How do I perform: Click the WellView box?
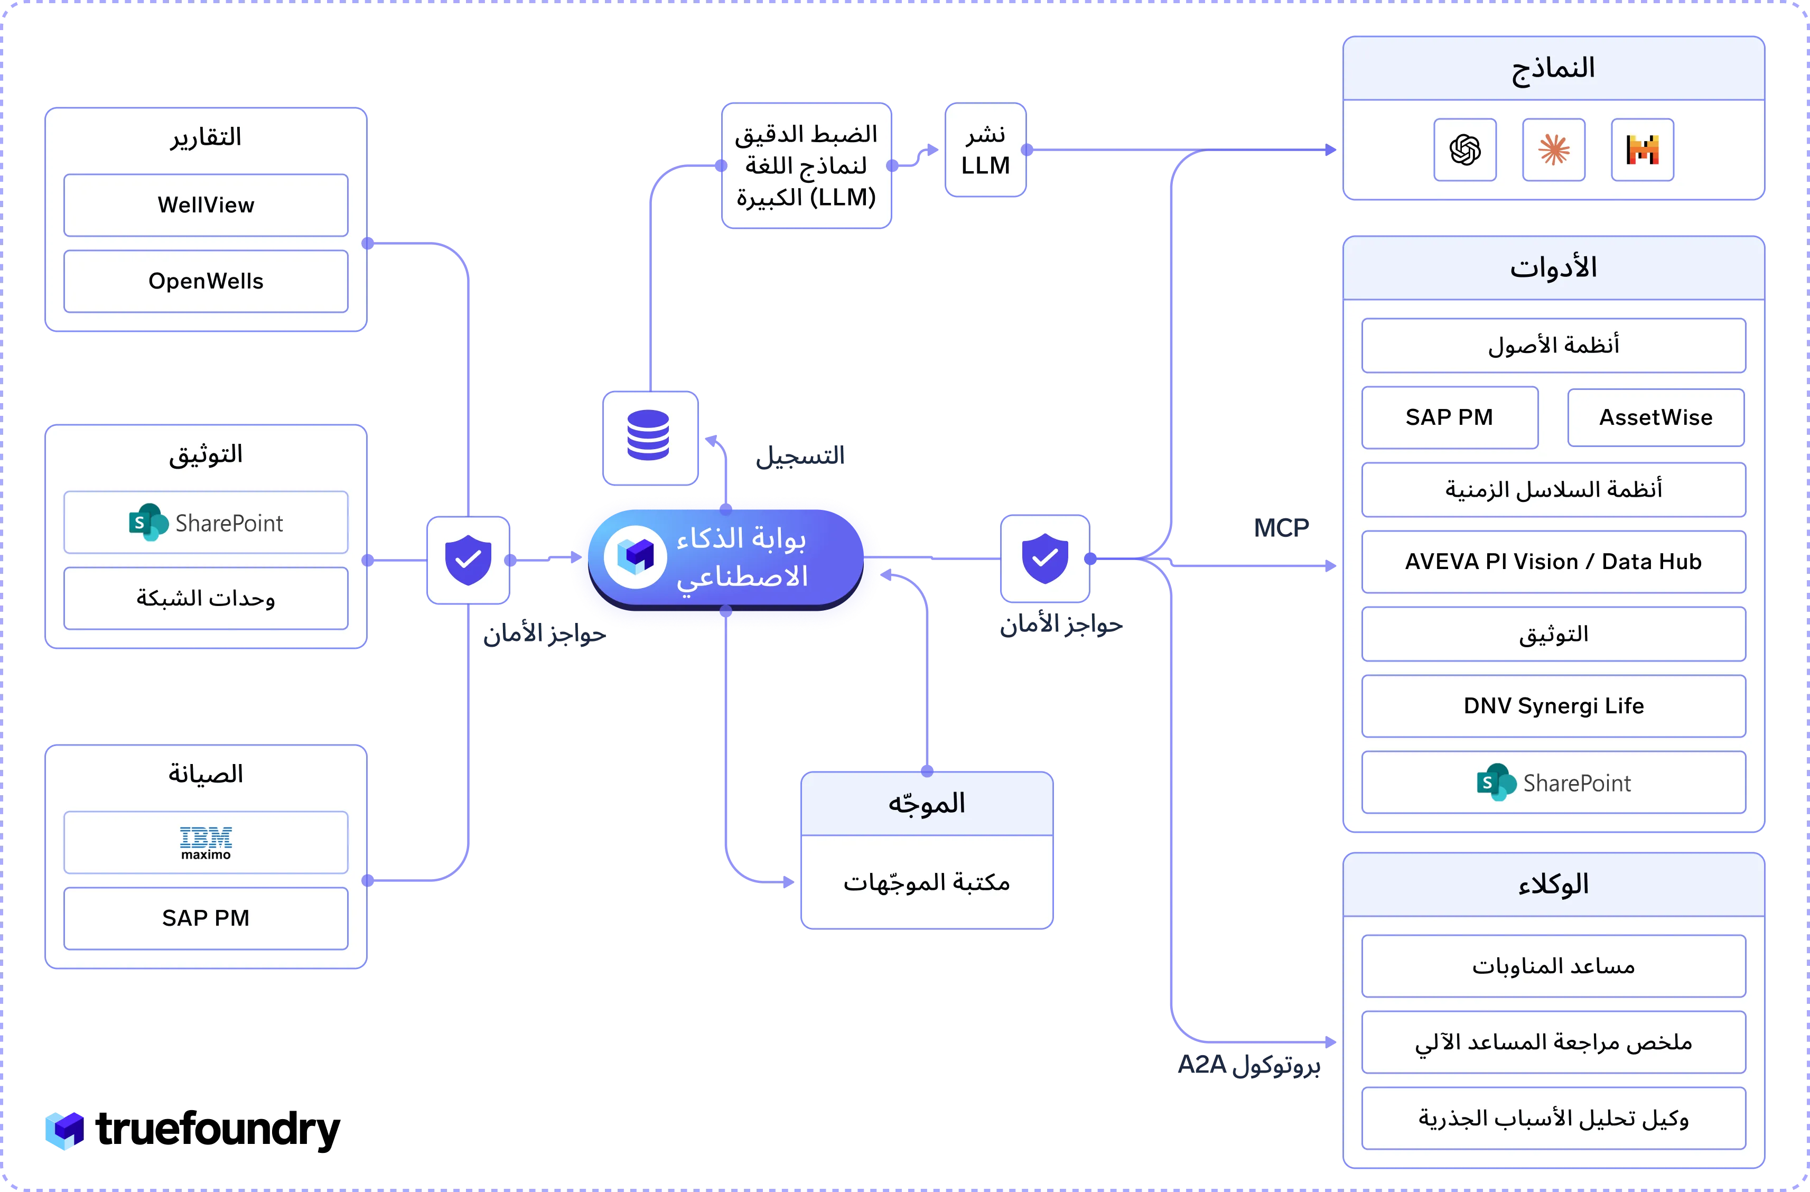pyautogui.click(x=206, y=204)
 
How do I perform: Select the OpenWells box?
pyautogui.click(x=206, y=281)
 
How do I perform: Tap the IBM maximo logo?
pyautogui.click(x=206, y=843)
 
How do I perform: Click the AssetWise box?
pyautogui.click(x=1656, y=417)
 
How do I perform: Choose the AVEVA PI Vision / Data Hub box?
pyautogui.click(x=1553, y=561)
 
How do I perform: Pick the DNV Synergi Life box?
pyautogui.click(x=1553, y=706)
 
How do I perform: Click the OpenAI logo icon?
pyautogui.click(x=1464, y=150)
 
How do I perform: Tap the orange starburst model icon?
pyautogui.click(x=1554, y=150)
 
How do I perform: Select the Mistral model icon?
pyautogui.click(x=1643, y=150)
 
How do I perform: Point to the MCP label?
pyautogui.click(x=1282, y=527)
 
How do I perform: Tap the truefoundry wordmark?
pyautogui.click(x=218, y=1130)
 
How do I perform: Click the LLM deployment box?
pyautogui.click(x=986, y=150)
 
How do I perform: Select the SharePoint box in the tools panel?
pyautogui.click(x=1553, y=782)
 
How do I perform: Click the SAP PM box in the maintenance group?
pyautogui.click(x=206, y=918)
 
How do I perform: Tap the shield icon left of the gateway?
pyautogui.click(x=468, y=560)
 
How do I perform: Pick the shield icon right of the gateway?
pyautogui.click(x=1045, y=558)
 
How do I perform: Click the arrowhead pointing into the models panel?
pyautogui.click(x=1331, y=150)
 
